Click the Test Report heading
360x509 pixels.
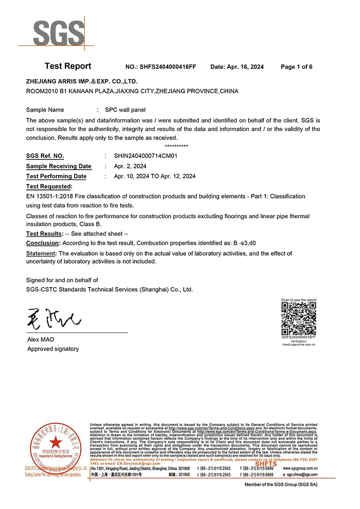point(68,66)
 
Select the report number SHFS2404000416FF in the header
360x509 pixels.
point(167,67)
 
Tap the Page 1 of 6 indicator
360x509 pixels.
point(297,67)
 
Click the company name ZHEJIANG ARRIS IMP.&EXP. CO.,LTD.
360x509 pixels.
point(81,81)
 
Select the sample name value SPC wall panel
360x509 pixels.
point(125,110)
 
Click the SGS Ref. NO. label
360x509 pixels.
point(45,156)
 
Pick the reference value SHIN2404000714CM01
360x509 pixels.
point(146,156)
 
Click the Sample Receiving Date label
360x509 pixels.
point(58,166)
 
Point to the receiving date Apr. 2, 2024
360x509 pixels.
point(130,166)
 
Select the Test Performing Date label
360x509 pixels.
point(56,176)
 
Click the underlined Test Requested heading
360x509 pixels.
point(49,186)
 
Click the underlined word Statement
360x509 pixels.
point(41,253)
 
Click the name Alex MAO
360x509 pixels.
point(40,339)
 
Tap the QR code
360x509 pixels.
point(299,319)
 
